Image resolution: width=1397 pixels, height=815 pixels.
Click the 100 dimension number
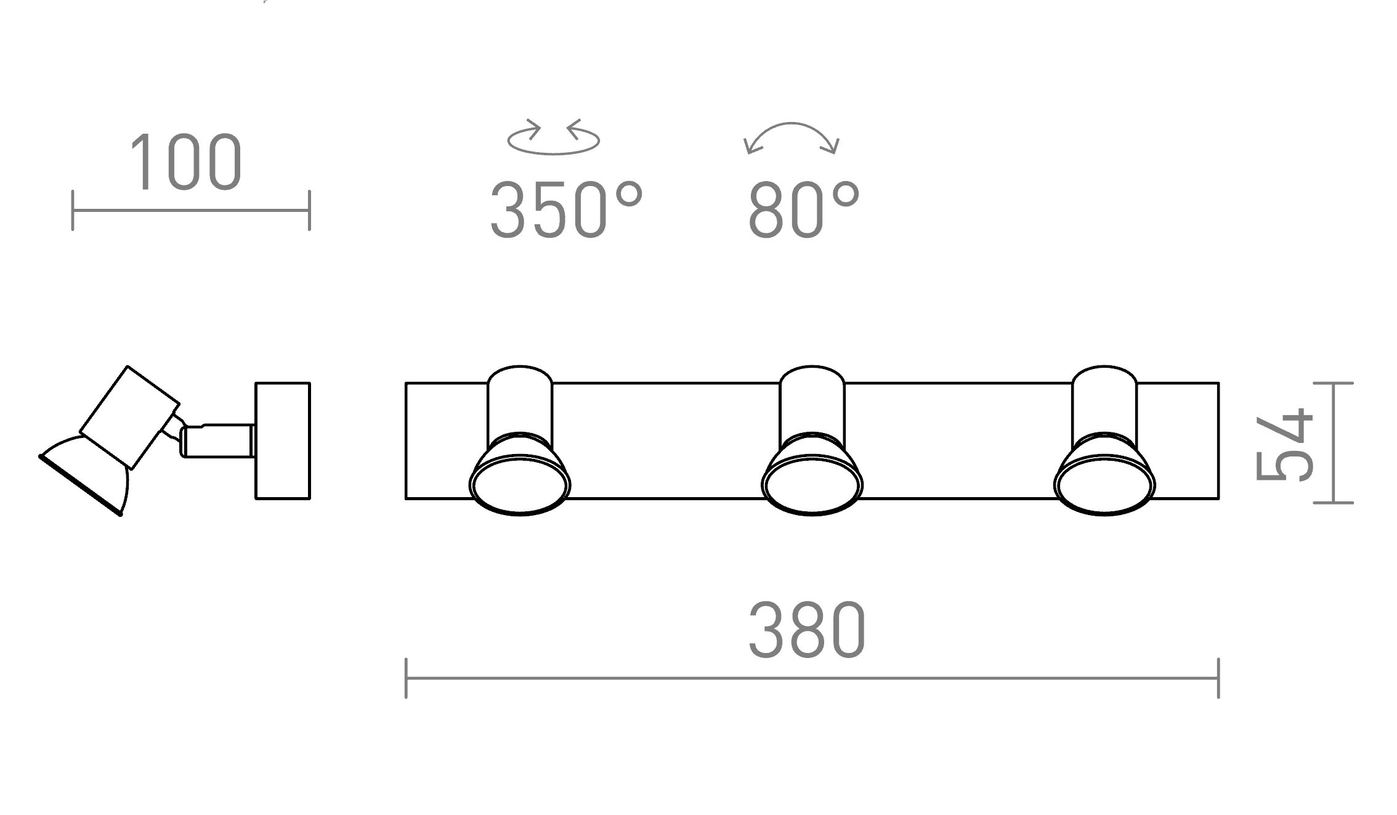[186, 161]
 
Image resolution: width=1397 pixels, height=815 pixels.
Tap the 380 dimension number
[808, 630]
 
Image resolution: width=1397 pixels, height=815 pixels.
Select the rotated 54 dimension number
[1285, 444]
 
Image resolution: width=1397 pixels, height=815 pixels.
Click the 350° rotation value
[566, 209]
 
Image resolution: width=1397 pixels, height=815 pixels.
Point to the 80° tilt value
[804, 209]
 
